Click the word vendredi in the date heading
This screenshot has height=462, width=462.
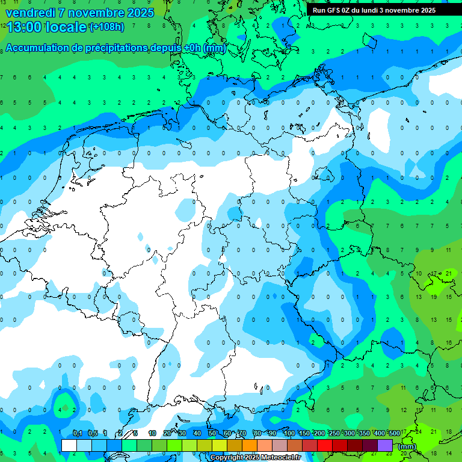29,12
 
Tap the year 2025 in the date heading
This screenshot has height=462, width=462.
139,12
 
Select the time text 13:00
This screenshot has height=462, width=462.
24,26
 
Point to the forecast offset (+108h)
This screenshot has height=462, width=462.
106,27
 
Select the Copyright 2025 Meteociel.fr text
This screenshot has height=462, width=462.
256,457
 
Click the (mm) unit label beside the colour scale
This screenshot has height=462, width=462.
407,446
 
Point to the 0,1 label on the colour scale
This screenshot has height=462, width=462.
78,434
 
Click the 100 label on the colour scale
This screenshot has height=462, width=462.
289,434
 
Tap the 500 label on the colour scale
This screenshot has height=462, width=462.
394,434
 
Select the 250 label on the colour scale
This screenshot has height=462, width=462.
334,434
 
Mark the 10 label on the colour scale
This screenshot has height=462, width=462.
152,434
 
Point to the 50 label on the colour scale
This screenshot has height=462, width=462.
212,434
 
